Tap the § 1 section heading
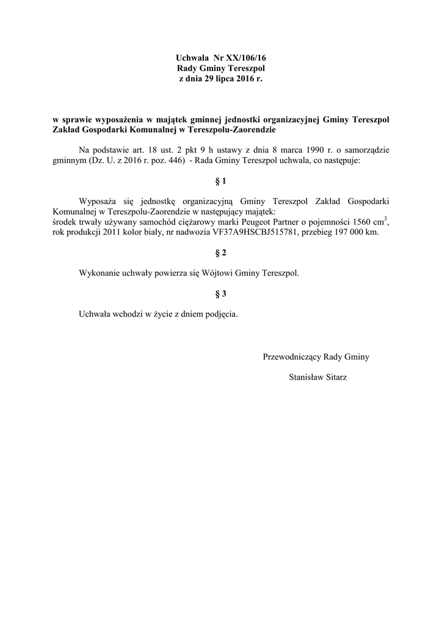click(x=221, y=182)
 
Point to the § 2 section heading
click(x=221, y=252)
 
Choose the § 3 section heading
click(x=221, y=294)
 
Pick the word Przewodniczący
click(x=291, y=356)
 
